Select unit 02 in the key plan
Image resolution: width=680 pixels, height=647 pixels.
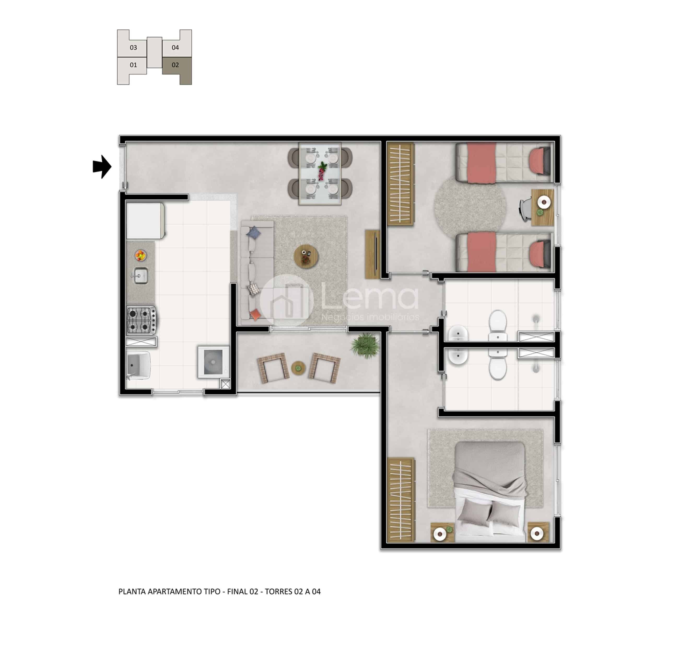(177, 70)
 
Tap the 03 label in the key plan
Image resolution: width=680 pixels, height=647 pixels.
(133, 48)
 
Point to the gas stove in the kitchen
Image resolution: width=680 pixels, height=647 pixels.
(141, 320)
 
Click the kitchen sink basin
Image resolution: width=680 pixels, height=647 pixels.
(140, 276)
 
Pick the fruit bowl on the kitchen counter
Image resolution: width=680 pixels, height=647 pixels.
(140, 256)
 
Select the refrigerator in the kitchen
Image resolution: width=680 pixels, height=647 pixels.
(145, 221)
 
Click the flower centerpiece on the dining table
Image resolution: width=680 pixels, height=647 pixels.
(322, 170)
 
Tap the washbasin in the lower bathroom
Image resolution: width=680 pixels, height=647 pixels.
(458, 356)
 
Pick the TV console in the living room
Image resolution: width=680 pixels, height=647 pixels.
(372, 254)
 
